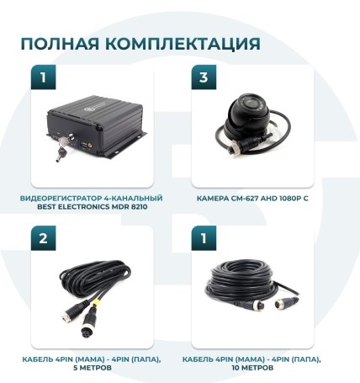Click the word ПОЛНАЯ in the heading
57,44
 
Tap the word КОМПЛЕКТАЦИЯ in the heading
179,44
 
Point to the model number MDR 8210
117,205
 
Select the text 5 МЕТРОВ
90,367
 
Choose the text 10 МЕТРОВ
252,367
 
